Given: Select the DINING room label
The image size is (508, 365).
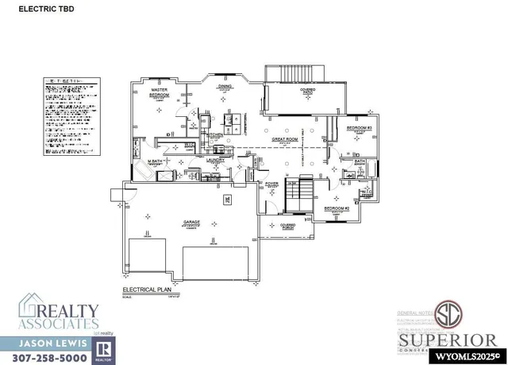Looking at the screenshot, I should click(225, 86).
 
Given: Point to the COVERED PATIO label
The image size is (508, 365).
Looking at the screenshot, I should click(307, 91).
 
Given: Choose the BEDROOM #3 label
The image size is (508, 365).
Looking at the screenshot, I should click(359, 128).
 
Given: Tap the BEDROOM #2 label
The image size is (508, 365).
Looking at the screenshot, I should click(335, 208).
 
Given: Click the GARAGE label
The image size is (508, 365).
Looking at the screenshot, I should click(192, 222).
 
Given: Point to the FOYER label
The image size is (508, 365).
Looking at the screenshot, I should click(272, 184).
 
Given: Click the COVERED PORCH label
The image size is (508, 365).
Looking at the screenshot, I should click(287, 227).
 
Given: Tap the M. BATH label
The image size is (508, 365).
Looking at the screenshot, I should click(155, 162).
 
